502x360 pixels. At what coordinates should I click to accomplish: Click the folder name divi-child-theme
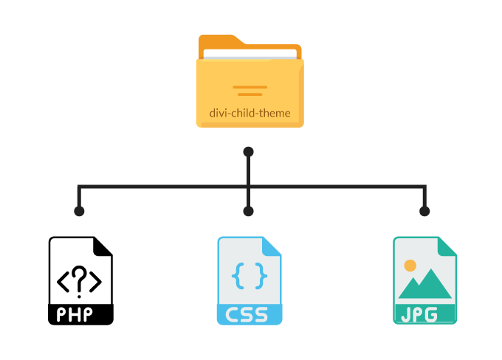click(250, 114)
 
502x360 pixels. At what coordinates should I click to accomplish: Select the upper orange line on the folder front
click(250, 87)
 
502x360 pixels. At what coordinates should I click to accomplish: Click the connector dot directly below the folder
click(249, 151)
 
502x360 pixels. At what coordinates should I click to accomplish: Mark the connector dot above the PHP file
click(79, 211)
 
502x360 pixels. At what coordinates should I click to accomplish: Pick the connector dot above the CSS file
click(249, 211)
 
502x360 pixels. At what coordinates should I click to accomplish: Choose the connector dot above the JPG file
click(424, 211)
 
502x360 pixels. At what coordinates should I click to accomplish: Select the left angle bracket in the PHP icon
click(63, 281)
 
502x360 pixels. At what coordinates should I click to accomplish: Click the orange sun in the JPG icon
click(410, 265)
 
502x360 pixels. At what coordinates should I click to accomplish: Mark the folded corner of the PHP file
click(104, 247)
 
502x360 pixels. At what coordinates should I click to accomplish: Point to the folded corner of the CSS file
click(273, 247)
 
